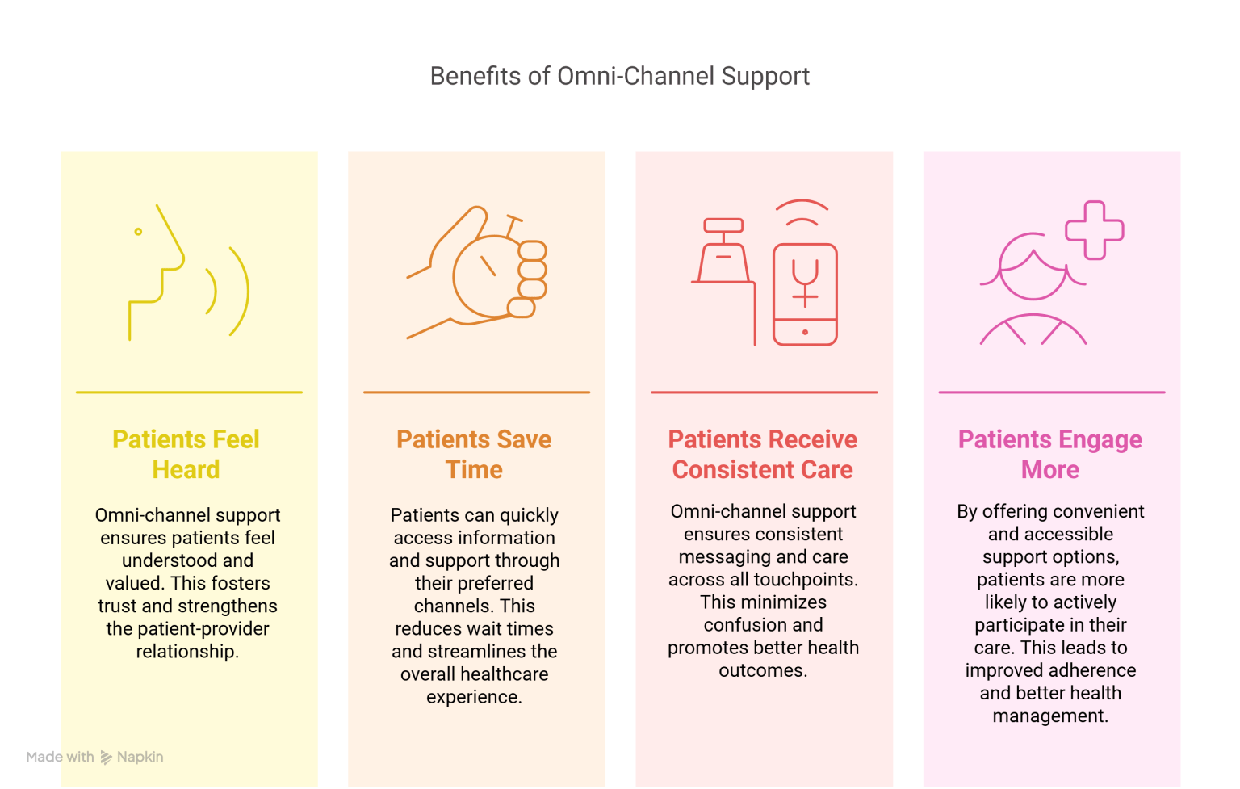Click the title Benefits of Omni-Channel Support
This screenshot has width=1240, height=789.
619,76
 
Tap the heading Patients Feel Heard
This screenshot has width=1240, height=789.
186,455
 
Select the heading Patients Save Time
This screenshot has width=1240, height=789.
474,455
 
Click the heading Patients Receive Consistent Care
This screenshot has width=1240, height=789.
762,455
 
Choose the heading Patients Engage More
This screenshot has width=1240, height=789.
1049,455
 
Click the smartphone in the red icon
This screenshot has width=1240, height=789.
805,295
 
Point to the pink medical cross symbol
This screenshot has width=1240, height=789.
1095,230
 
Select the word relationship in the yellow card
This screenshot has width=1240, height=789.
187,652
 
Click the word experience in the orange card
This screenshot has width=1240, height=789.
474,697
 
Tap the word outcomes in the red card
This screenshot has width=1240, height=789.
762,671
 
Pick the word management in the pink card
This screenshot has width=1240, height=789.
1049,716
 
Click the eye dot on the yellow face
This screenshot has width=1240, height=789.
138,232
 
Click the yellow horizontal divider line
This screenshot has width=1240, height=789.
189,392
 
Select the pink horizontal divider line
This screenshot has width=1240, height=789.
1051,392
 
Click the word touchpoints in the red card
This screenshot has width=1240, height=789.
807,580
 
